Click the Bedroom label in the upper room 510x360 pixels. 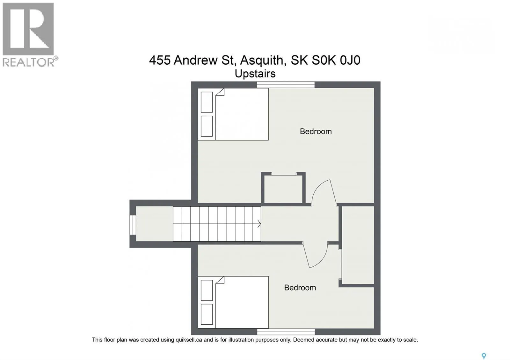click(x=316, y=131)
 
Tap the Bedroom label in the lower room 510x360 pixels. click(x=300, y=287)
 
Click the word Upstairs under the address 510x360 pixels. click(x=255, y=74)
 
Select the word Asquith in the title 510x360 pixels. click(x=261, y=60)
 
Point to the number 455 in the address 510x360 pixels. click(x=160, y=60)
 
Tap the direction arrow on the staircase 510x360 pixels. click(x=258, y=224)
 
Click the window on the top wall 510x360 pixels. click(x=286, y=84)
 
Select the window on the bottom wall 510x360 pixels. click(x=286, y=332)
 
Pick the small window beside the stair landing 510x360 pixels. click(x=133, y=225)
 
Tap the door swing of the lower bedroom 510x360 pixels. click(x=316, y=255)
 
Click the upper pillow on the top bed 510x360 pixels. click(x=207, y=102)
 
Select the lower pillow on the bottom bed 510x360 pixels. click(x=207, y=314)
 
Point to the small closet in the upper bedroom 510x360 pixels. click(x=283, y=189)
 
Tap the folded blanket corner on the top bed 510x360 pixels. click(x=220, y=92)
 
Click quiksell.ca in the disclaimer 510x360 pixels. click(x=189, y=340)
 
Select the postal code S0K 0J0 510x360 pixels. click(x=336, y=60)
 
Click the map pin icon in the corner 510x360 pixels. click(x=484, y=356)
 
